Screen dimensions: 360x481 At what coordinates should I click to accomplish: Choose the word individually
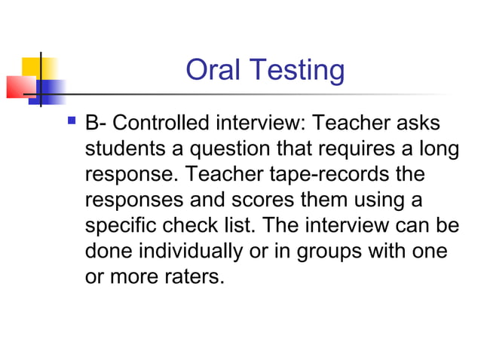pyautogui.click(x=203, y=252)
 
